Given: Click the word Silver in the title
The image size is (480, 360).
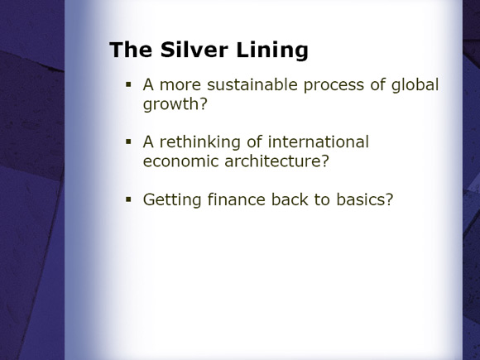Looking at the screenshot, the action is pos(194,50).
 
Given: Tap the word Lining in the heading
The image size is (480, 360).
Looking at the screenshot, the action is pos(272,50).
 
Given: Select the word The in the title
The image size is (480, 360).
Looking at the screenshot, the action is pos(131,50).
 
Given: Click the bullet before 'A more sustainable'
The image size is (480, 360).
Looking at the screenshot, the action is pos(128,84).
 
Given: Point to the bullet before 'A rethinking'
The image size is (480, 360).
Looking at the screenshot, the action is pos(128,142).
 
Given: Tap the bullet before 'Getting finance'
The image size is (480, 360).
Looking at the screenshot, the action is pos(128,199).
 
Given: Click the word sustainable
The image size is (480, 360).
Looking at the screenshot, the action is pos(252,84).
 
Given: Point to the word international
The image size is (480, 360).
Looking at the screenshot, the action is pos(319,142).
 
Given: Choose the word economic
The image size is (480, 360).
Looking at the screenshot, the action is pos(180,161).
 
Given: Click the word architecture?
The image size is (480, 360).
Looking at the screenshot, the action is pos(276,161).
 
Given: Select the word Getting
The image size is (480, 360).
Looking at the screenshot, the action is pos(172,200).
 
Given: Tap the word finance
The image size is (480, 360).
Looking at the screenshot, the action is pos(237,199).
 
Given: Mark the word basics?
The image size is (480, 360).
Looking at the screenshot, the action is pos(365,199).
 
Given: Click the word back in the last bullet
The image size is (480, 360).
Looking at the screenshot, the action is pos(290,199).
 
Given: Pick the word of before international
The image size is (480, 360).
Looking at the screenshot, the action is pos(254,142).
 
